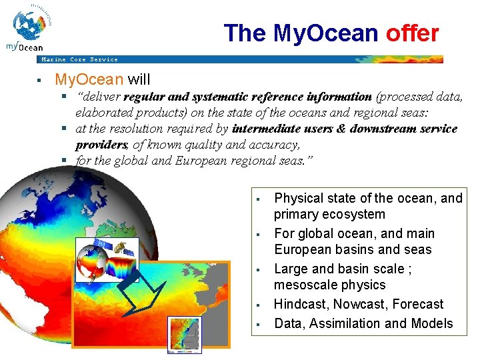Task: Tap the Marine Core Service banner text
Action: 79,59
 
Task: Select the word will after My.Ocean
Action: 139,80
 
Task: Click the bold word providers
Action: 101,145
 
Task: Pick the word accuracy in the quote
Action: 275,145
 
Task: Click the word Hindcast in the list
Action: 301,304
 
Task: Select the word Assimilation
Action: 343,323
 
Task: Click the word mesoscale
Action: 303,285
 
